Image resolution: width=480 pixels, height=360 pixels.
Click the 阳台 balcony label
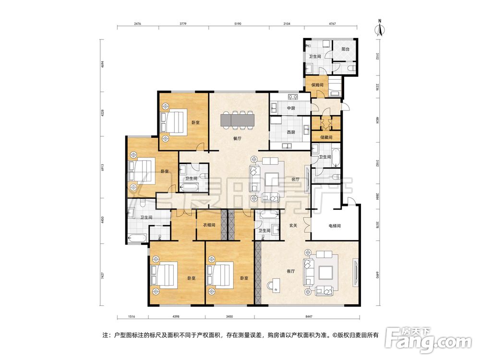coord(345,49)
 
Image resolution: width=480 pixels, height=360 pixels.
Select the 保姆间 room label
coord(317,85)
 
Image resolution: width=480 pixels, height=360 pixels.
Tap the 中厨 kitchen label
coord(291,108)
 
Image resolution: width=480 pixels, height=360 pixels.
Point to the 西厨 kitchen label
coord(291,132)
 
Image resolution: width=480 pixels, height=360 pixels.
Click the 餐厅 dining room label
coord(237,138)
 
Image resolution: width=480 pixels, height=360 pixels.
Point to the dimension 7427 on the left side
coord(102,276)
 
